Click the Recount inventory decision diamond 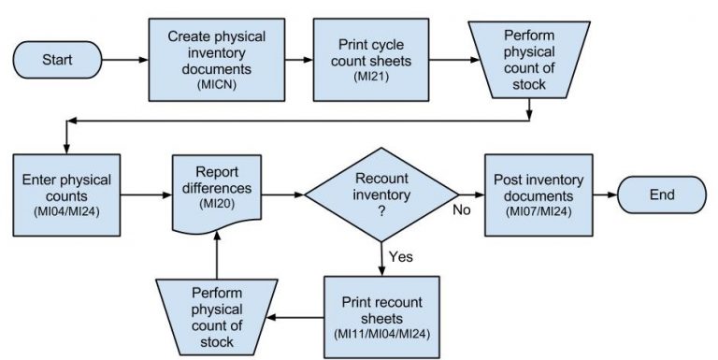pyautogui.click(x=382, y=194)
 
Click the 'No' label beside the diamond pyautogui.click(x=461, y=209)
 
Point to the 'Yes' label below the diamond pyautogui.click(x=401, y=254)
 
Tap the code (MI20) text pyautogui.click(x=216, y=205)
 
